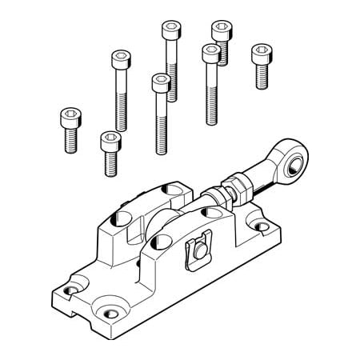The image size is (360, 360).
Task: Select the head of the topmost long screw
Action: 171,29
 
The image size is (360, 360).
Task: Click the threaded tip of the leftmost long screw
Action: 121,124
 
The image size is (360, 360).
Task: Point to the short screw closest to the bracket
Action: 110,142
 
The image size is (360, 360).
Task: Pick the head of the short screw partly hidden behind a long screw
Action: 222,30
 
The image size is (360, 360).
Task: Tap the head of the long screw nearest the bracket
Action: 161,81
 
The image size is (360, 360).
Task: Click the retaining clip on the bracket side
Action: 197,250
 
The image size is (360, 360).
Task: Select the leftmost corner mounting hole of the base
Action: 74,285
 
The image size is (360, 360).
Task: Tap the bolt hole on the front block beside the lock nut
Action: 210,212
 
